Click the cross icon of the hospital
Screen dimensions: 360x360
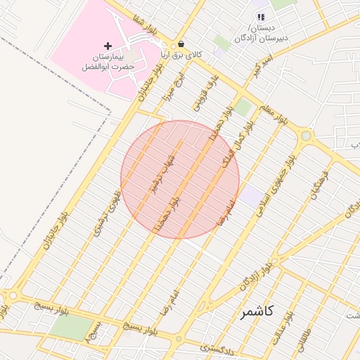pos(108,46)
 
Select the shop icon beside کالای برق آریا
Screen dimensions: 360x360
pos(181,44)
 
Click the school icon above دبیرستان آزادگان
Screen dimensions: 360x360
pos(261,17)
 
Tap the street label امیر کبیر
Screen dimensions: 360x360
pos(262,70)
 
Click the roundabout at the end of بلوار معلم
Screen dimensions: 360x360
pos(306,136)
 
